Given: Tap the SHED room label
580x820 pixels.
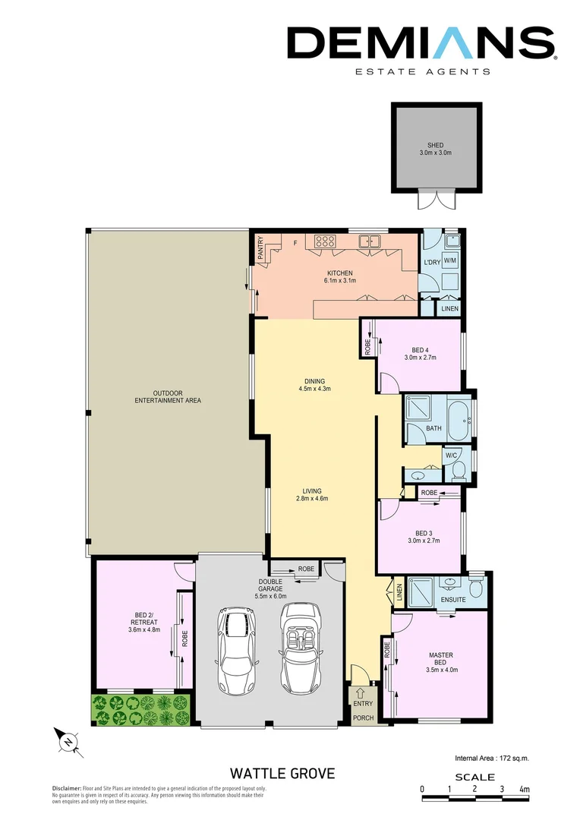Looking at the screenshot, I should (435, 145).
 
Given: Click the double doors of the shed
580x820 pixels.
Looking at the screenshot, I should (436, 200).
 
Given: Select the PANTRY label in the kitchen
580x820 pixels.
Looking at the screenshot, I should (260, 250).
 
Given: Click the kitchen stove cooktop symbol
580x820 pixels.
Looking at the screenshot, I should (326, 242).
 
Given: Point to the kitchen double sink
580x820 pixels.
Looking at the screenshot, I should (370, 241).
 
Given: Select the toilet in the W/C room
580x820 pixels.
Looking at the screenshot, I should (459, 470).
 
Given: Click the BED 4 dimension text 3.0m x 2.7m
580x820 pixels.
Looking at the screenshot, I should (420, 357).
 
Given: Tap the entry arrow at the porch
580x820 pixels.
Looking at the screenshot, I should (361, 692).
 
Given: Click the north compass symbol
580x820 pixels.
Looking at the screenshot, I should (68, 740).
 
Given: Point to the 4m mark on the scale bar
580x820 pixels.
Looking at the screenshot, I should (524, 790).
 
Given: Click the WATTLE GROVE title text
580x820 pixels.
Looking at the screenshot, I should (282, 773).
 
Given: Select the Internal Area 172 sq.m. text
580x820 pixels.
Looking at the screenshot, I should (492, 758).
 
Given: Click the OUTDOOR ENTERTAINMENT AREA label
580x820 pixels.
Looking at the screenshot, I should (167, 396).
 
